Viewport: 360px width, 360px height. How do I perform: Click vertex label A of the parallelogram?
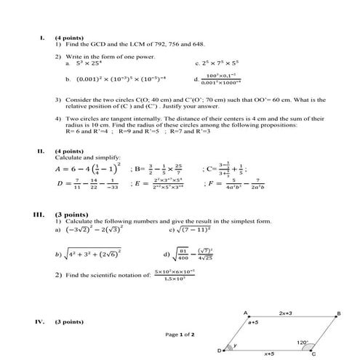[x=247, y=313]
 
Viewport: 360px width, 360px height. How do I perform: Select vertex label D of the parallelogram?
[x=220, y=351]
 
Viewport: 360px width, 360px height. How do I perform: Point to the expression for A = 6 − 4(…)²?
[x=81, y=170]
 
